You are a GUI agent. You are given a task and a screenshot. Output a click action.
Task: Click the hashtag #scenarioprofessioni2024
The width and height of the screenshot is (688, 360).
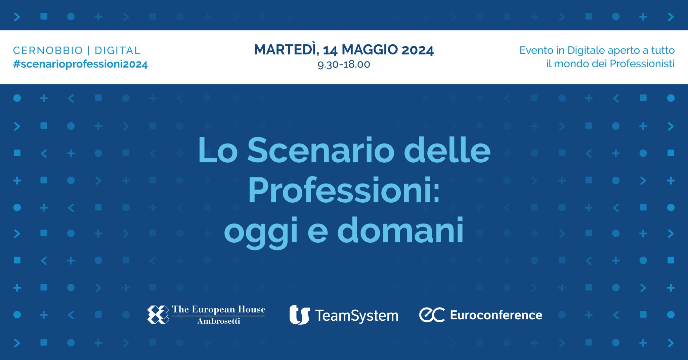(80, 65)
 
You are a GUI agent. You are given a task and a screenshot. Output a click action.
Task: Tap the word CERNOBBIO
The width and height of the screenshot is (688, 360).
(48, 50)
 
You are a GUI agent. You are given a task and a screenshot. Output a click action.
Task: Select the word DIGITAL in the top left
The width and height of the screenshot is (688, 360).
(118, 50)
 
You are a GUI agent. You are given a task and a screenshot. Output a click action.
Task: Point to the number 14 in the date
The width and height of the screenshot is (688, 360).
(330, 50)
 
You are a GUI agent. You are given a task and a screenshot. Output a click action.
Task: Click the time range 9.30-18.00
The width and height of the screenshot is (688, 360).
(344, 64)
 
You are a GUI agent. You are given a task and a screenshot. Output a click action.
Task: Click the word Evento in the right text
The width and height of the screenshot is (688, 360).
(536, 50)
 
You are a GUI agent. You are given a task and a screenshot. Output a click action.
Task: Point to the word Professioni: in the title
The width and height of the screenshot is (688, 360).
(344, 191)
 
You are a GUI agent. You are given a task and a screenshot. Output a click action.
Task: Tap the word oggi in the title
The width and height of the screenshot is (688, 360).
(261, 232)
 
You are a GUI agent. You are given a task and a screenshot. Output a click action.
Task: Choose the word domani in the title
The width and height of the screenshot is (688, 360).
(400, 231)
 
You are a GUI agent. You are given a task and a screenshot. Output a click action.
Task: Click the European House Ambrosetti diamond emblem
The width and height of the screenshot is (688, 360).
(158, 315)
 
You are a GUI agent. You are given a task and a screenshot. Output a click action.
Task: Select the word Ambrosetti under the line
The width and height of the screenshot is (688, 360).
(219, 321)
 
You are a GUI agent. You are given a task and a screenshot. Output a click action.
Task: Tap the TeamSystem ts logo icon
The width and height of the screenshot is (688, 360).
(299, 315)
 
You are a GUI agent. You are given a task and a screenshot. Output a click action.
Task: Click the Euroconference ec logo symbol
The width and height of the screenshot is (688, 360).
(432, 315)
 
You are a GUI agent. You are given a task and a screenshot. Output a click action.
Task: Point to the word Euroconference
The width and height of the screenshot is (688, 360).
(496, 315)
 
